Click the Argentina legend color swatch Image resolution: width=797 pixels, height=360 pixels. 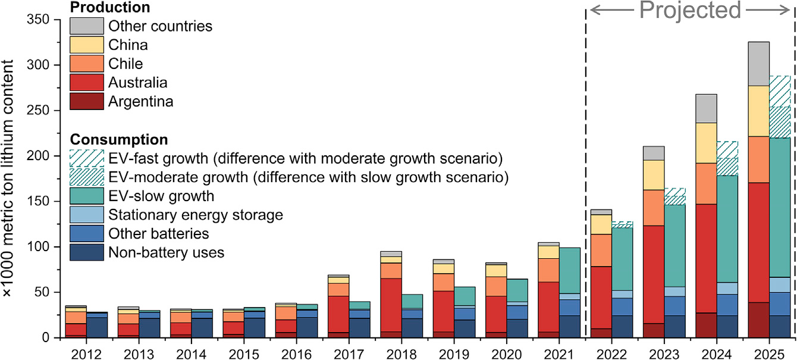click(86, 101)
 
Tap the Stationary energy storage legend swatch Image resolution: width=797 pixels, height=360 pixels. click(86, 214)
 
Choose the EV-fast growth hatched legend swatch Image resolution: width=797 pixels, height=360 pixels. click(86, 158)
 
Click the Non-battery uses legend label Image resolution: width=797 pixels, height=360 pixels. click(166, 252)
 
